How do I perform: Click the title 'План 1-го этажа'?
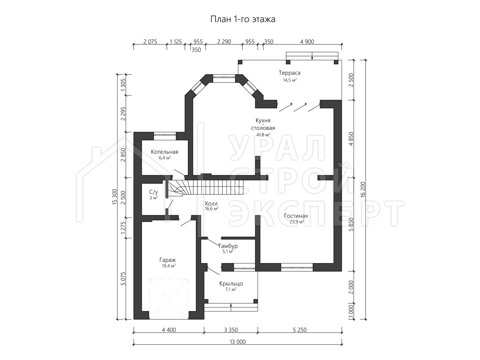[243, 20]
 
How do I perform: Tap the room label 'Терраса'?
[290, 73]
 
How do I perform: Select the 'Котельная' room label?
[165, 152]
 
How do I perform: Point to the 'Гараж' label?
[168, 260]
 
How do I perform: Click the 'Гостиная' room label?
[296, 216]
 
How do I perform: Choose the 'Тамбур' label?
[228, 246]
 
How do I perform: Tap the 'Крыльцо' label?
[231, 284]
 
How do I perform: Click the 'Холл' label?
[211, 204]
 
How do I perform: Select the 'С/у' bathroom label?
[154, 192]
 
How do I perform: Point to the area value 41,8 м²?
[263, 135]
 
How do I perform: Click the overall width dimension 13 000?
[238, 342]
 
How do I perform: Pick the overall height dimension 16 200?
[362, 190]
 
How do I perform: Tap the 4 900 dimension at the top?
[307, 42]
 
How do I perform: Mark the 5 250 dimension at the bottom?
[300, 330]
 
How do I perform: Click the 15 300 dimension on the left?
[115, 197]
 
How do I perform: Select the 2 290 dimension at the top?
[224, 42]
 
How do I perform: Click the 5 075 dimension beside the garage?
[123, 278]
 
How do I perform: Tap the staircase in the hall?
[205, 187]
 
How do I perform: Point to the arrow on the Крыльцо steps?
[231, 307]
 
